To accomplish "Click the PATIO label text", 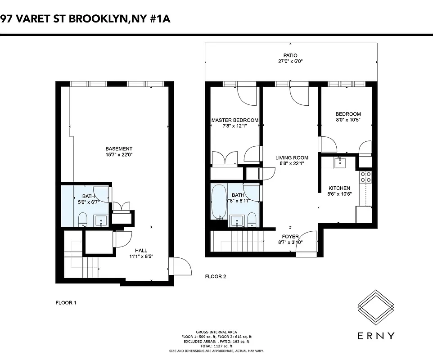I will click(x=290, y=55).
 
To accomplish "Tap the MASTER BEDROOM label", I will click(x=235, y=120).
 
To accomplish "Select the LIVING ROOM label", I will click(x=292, y=158).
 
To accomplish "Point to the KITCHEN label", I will click(x=339, y=188).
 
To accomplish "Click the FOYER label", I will click(x=290, y=237).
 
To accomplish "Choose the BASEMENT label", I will click(x=119, y=149).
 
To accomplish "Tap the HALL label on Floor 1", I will click(x=141, y=251).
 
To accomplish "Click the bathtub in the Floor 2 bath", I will click(x=220, y=201).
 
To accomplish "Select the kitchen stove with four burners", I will click(x=365, y=176).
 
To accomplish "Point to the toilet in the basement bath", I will click(x=83, y=220).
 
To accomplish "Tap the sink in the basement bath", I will click(x=101, y=220).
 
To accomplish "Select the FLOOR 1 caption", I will click(x=66, y=303).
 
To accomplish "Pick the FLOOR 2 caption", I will click(x=216, y=276).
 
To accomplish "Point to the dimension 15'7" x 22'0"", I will click(x=119, y=155).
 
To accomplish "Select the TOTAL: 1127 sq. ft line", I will click(x=216, y=346).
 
